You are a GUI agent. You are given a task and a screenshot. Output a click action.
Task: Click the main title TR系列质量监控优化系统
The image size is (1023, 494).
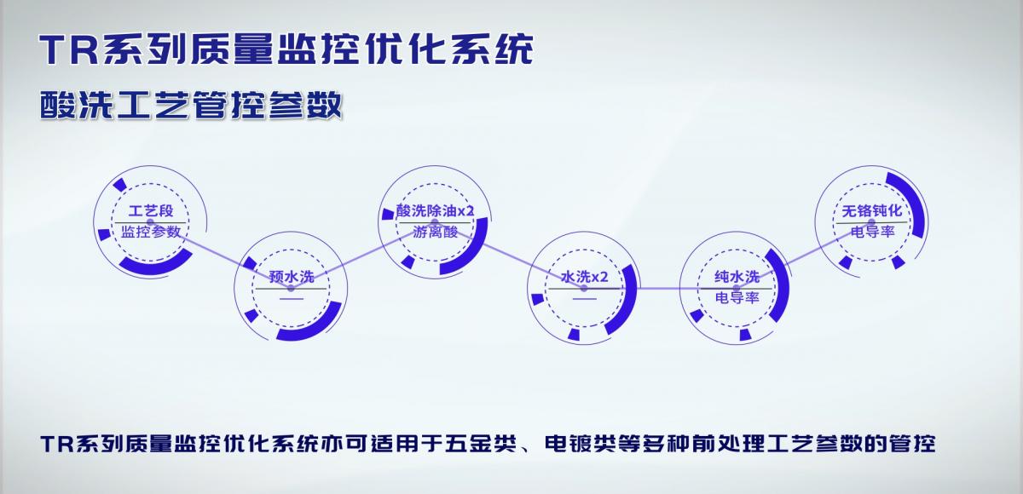(x=286, y=49)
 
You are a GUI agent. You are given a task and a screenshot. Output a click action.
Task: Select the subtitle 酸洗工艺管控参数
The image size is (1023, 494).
(x=191, y=105)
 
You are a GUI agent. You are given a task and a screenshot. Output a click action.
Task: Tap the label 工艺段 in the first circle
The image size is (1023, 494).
(x=151, y=210)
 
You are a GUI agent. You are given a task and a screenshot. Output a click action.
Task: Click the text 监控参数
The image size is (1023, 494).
(x=151, y=232)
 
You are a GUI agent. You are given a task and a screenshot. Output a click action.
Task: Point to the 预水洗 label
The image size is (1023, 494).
(x=292, y=277)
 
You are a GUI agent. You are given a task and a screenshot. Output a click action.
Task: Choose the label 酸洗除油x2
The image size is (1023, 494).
(x=435, y=210)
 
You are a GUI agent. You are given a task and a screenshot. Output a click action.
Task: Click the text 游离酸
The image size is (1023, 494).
(x=436, y=233)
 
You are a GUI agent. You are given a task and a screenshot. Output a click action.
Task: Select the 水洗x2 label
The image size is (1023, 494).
(x=585, y=277)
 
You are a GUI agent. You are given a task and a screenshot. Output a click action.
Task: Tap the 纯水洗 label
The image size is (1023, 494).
(x=737, y=277)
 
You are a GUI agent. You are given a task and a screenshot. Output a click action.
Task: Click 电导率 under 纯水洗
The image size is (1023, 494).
(x=737, y=298)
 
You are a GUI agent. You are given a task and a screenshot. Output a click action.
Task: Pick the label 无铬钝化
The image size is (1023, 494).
(x=872, y=210)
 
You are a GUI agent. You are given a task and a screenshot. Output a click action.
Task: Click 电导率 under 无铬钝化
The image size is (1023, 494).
(x=872, y=232)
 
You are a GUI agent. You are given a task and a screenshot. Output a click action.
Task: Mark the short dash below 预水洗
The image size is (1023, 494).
(x=292, y=299)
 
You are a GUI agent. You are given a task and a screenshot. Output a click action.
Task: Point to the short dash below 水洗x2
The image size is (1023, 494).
(x=585, y=299)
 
